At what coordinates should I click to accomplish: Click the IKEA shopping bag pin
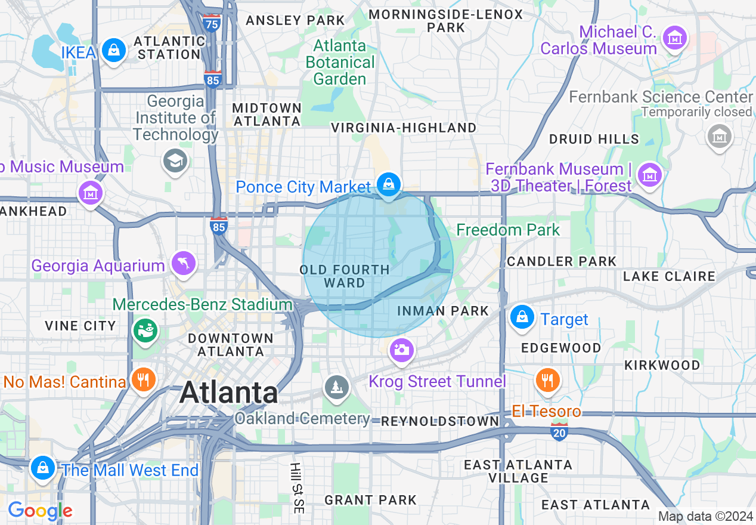coord(113,50)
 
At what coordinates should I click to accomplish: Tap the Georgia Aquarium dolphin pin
coord(184,262)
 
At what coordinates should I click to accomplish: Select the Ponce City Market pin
coord(389,184)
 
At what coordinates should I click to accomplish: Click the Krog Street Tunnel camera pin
coord(402,349)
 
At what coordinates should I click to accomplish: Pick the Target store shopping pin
coord(522,317)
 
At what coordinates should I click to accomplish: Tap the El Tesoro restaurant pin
coord(547,379)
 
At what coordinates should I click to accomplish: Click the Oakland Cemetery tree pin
coord(337,387)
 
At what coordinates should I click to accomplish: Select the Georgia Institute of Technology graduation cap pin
coord(175,160)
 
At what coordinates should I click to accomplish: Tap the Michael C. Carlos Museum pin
coord(675,38)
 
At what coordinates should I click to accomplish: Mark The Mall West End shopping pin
coord(43,467)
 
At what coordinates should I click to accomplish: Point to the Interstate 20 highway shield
coord(559,433)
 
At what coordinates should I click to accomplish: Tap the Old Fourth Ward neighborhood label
coord(345,276)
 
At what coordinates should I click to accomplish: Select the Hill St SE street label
coord(297,488)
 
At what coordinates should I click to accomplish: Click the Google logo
coord(40,511)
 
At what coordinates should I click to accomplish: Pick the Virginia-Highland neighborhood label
coord(404,128)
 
